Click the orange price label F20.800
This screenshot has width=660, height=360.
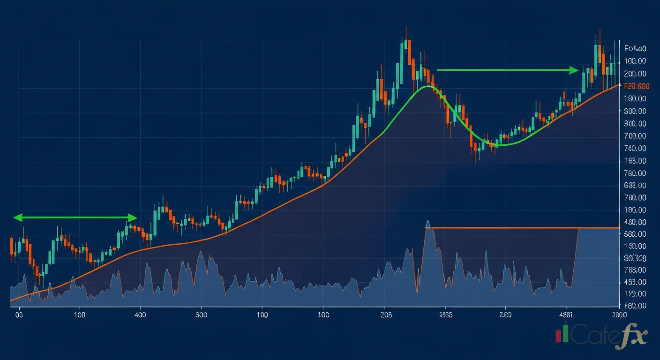[636, 86]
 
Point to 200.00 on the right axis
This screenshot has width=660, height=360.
[635, 74]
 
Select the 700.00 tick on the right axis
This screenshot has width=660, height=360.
[635, 136]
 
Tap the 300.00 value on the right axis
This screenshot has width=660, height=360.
[635, 124]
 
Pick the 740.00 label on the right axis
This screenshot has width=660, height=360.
[635, 149]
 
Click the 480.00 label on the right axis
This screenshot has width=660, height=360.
[635, 223]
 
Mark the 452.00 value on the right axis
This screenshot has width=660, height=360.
[635, 282]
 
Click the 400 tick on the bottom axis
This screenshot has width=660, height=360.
[140, 315]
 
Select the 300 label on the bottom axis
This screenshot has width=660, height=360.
[201, 315]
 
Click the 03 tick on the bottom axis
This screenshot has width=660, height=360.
[19, 315]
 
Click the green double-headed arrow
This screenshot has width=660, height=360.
[75, 217]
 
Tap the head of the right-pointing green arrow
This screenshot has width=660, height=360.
[574, 70]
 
